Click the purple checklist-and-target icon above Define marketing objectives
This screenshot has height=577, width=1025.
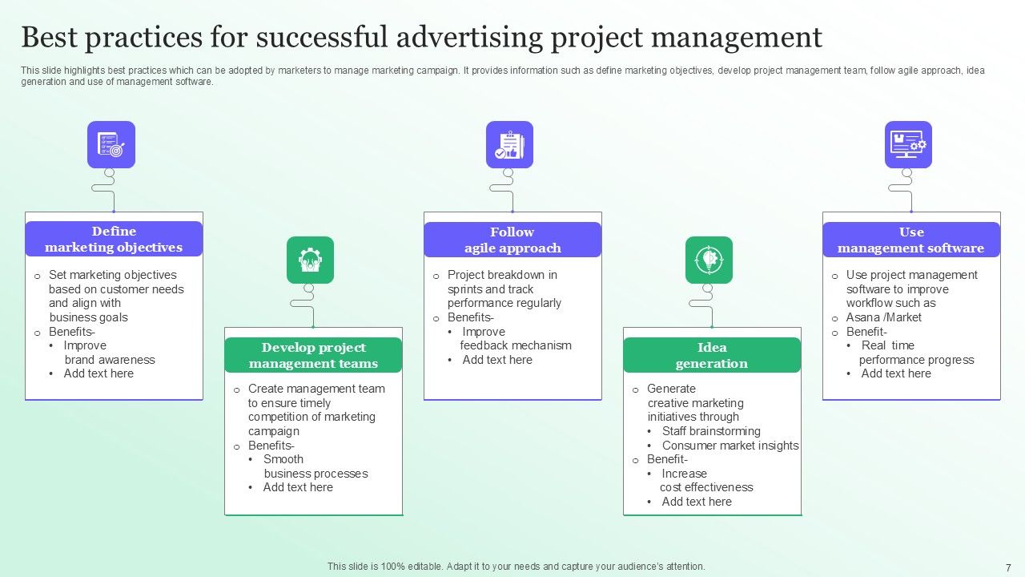[111, 144]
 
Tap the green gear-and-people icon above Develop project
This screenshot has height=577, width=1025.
[310, 260]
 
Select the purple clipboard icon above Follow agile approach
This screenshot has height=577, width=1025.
[509, 144]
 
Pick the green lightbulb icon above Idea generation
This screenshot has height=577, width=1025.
[709, 260]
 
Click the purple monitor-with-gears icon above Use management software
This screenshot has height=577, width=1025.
[908, 144]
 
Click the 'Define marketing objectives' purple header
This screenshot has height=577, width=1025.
[114, 240]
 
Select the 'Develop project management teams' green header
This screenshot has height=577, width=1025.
[313, 355]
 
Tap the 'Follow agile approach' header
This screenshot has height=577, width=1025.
[512, 240]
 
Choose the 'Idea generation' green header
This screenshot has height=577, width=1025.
[712, 355]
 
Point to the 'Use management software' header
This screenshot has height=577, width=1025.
[911, 240]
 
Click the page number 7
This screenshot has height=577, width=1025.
[1008, 567]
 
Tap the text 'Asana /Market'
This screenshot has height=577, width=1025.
[883, 317]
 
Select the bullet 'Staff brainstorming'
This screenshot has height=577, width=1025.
[711, 431]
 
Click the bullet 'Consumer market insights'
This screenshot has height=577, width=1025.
[730, 446]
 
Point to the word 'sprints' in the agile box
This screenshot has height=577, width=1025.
[466, 289]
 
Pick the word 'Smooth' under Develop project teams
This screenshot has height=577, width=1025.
[283, 459]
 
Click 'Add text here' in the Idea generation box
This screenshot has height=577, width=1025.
[697, 502]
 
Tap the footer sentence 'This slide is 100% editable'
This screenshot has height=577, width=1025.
[516, 567]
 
